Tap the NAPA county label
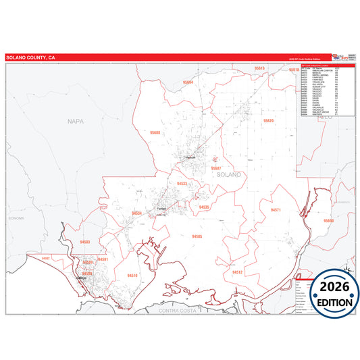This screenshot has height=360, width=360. (x=75, y=121)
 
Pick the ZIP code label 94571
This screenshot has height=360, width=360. (x=276, y=210)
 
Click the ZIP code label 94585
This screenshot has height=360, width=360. (x=197, y=236)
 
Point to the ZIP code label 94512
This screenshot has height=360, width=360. (x=236, y=272)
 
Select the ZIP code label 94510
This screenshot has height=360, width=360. (x=132, y=276)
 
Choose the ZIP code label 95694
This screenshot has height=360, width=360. (x=188, y=82)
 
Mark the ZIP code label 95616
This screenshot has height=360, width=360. (x=260, y=69)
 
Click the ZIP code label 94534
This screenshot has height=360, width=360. (x=137, y=213)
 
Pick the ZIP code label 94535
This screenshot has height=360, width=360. (x=204, y=207)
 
